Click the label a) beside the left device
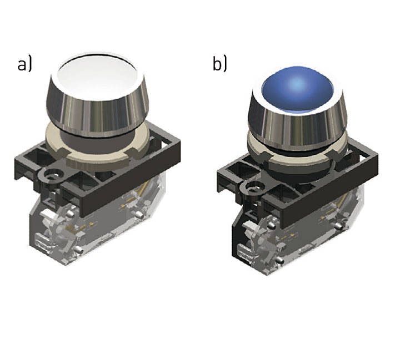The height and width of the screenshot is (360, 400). click(x=25, y=64)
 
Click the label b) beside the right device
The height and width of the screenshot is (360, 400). click(x=219, y=64)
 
